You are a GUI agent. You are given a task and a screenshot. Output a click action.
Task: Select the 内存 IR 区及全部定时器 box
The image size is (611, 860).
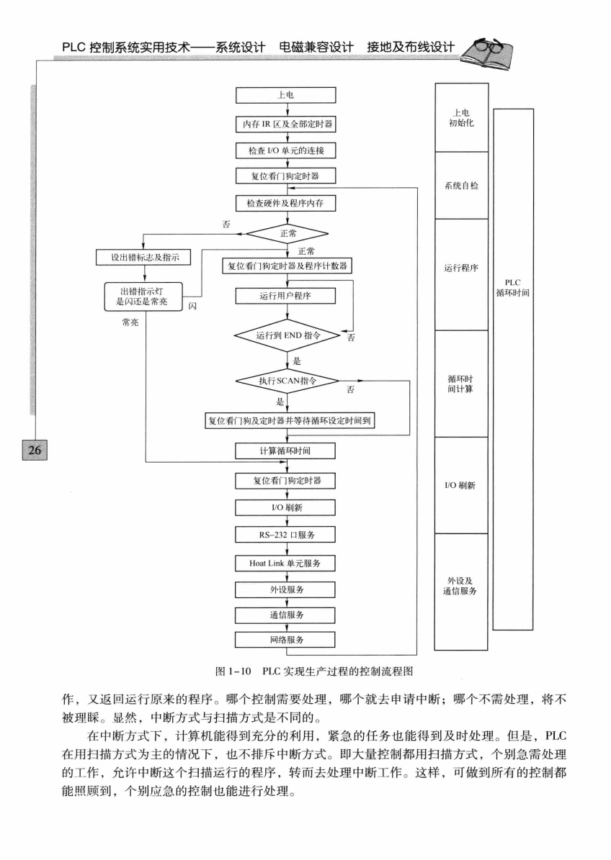(286, 123)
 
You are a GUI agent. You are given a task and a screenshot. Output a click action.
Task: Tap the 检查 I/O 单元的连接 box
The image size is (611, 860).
(286, 150)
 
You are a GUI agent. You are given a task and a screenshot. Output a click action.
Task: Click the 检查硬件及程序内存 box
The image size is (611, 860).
(286, 204)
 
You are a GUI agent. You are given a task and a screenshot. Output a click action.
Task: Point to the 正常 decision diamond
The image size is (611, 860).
(286, 233)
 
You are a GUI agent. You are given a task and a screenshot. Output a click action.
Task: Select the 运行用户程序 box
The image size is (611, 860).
(286, 296)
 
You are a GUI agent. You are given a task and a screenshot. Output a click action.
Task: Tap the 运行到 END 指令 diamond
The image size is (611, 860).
(286, 336)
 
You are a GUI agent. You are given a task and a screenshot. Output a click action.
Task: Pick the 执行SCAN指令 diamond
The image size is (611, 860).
(286, 381)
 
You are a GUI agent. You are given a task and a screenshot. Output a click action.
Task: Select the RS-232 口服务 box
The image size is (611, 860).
(286, 535)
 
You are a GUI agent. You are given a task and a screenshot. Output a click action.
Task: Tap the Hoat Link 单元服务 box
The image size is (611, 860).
(286, 562)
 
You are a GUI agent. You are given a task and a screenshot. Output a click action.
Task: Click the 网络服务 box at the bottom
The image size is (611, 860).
(286, 639)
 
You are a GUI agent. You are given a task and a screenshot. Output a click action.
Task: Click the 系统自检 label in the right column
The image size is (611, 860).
(462, 186)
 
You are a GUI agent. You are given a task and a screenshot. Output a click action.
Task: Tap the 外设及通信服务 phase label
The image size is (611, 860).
(462, 586)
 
